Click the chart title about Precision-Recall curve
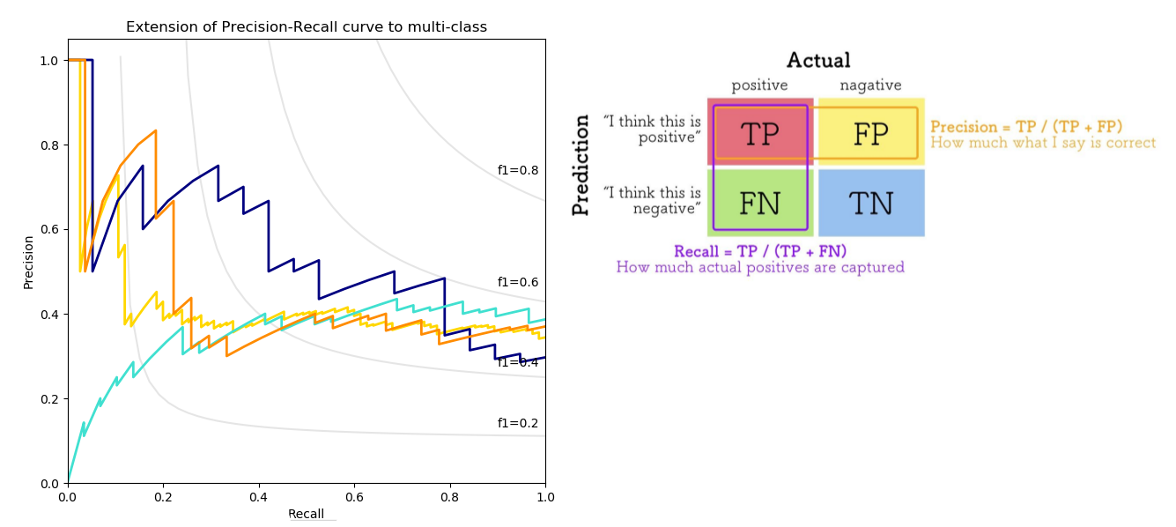coord(306,27)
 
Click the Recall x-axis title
coord(306,514)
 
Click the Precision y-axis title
coord(28,262)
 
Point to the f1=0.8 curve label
coord(518,170)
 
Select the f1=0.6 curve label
coord(518,282)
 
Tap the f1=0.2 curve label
coord(518,423)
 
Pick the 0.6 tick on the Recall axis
coord(354,498)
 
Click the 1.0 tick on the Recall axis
coord(545,498)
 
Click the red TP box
coord(759,133)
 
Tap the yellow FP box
coord(870,133)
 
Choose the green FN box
coord(759,204)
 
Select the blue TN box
coord(870,204)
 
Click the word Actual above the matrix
coord(818,61)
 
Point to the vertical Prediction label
coord(581,165)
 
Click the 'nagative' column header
coord(870,85)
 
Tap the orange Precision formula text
coord(1026,127)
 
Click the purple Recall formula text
coord(760,251)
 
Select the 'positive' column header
coord(759,85)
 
